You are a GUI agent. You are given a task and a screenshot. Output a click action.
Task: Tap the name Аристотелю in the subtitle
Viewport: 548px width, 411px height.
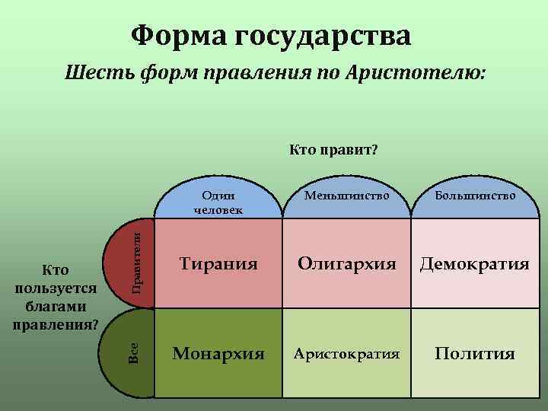tap(415, 74)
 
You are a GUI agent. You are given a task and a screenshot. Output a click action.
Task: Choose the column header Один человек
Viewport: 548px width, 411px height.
tap(218, 202)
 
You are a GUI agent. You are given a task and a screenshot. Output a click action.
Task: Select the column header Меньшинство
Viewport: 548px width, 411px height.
tap(346, 196)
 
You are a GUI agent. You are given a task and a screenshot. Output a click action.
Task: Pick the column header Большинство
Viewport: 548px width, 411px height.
tap(475, 196)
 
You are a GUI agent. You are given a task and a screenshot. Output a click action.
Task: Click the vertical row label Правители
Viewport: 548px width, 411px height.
tap(137, 259)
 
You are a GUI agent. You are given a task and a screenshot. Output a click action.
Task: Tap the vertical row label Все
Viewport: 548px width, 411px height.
tap(134, 352)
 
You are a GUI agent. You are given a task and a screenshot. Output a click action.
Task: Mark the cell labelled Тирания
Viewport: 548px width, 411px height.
tap(218, 264)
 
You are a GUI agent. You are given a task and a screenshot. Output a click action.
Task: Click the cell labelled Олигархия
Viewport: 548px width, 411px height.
tap(347, 264)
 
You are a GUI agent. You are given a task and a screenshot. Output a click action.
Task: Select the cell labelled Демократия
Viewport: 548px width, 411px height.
tap(476, 264)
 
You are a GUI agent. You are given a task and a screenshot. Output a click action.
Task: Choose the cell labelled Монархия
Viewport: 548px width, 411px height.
tap(218, 353)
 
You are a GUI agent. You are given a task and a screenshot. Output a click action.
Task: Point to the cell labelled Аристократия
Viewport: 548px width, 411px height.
tap(347, 354)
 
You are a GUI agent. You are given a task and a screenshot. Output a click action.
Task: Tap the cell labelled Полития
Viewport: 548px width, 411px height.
tap(475, 354)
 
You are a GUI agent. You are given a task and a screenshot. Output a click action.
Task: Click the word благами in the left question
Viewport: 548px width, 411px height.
tap(56, 307)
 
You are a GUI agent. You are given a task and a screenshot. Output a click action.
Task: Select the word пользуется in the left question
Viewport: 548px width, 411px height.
tap(56, 288)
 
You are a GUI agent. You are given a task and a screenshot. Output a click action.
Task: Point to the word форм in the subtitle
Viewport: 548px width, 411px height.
tap(160, 74)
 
